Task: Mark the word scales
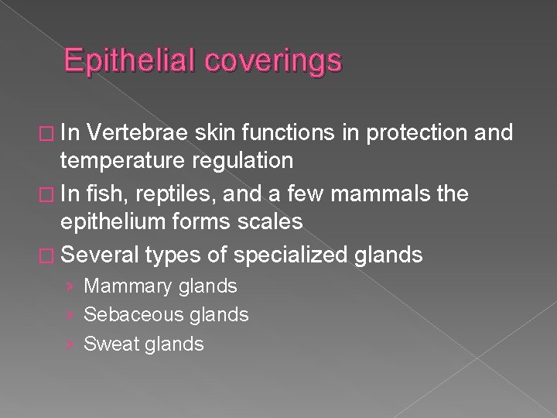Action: [x=267, y=221]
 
